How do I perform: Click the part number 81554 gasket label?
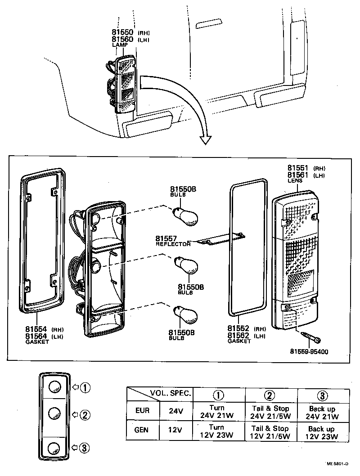point(36,329)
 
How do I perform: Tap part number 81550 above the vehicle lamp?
point(123,33)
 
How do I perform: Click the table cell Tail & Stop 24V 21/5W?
point(270,412)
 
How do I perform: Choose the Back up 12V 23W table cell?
point(322,432)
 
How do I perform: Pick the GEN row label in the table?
point(142,430)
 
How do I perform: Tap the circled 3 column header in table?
point(322,395)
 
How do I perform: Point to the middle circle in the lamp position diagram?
point(54,413)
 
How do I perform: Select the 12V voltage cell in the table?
point(174,430)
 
